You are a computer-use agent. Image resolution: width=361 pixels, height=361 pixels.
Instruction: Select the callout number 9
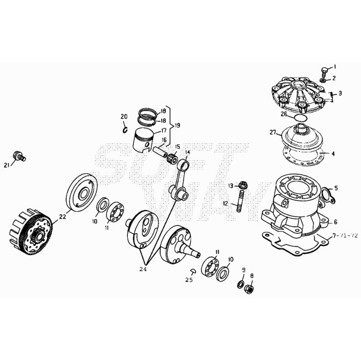tap(244, 270)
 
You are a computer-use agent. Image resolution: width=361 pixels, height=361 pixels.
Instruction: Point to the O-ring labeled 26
tap(300, 116)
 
